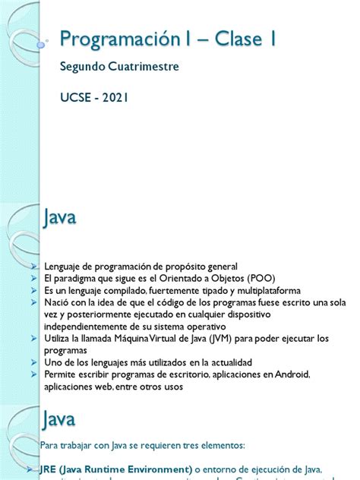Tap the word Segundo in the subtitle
point(81,68)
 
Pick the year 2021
point(118,98)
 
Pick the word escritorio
point(168,374)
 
